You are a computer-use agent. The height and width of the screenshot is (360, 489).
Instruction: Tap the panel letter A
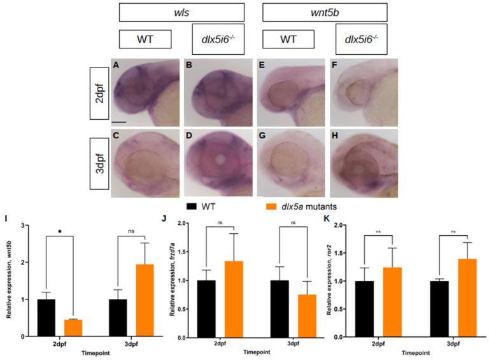(116, 64)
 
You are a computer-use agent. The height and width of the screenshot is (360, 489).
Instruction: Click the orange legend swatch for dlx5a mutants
(273, 207)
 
